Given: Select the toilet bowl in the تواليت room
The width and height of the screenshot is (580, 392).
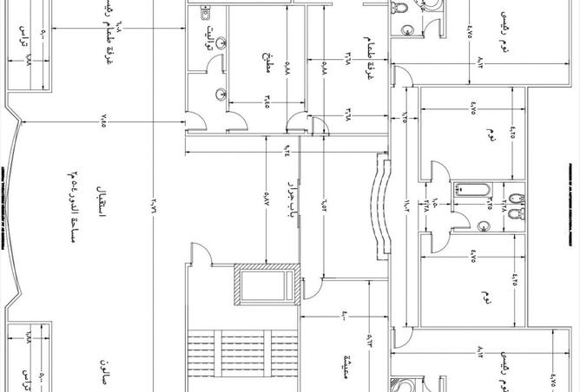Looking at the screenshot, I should pyautogui.click(x=206, y=14).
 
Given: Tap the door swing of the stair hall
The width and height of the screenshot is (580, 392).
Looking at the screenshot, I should pyautogui.click(x=198, y=253).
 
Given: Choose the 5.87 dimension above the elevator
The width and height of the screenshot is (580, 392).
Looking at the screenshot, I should pyautogui.click(x=266, y=203).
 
